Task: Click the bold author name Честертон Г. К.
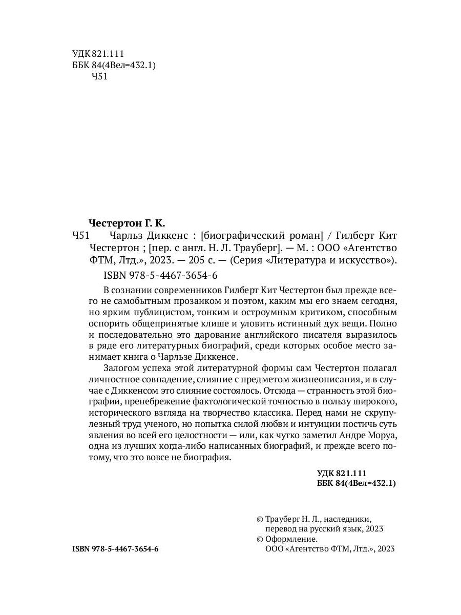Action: pos(128,223)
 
